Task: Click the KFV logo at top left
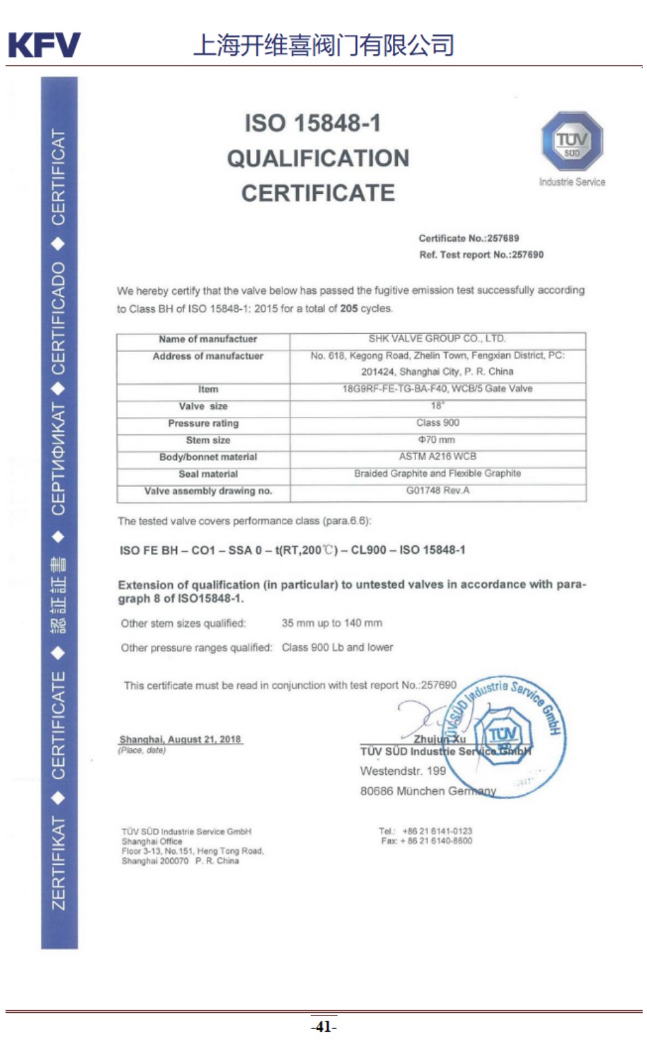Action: point(44,45)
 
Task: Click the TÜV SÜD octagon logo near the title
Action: point(571,142)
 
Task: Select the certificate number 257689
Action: point(503,239)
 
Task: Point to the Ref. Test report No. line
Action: point(481,255)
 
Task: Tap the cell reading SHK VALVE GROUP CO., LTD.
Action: point(437,338)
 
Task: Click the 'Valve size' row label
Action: point(203,406)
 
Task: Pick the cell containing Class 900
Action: point(438,422)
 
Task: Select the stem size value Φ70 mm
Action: point(437,439)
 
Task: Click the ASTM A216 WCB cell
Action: point(438,456)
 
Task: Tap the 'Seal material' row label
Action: point(208,474)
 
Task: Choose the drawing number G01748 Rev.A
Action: point(438,490)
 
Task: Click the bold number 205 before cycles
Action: point(349,308)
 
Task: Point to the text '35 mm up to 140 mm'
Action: point(332,623)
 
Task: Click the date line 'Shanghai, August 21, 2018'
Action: point(180,739)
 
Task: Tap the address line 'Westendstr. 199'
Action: point(403,771)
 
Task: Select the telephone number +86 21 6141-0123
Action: point(437,831)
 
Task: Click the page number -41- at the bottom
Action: point(324,1026)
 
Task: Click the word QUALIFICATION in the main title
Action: point(318,159)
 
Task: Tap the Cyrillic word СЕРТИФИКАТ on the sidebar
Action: point(60,459)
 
